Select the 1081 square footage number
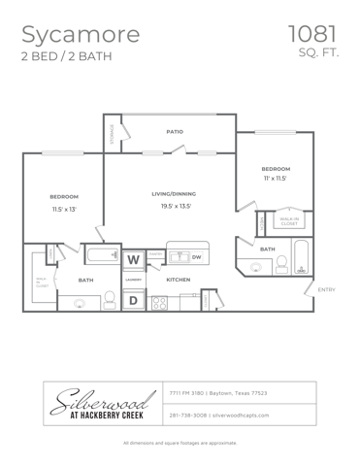click(x=312, y=34)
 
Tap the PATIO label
click(x=175, y=131)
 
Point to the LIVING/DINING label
click(x=174, y=194)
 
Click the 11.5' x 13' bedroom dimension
click(x=63, y=209)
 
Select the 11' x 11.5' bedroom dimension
click(x=275, y=179)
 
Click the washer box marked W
click(x=133, y=259)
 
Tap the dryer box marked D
click(x=133, y=301)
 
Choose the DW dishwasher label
click(x=196, y=257)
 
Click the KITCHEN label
click(x=178, y=280)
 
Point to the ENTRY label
click(x=326, y=288)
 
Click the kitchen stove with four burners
click(x=158, y=302)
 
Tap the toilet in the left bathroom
click(x=82, y=302)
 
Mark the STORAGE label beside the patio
click(x=113, y=133)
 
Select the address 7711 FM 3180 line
click(x=218, y=393)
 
